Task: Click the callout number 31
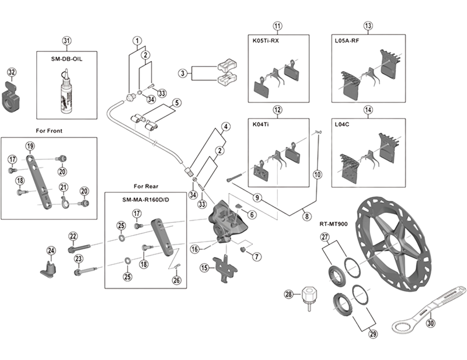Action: pos(67,40)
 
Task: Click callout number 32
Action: pos(12,72)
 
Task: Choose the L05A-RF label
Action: pos(348,41)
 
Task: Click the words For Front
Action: pos(49,131)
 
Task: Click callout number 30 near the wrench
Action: pos(430,321)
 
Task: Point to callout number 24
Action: pos(51,251)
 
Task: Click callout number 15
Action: pos(204,268)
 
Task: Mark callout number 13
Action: pos(368,26)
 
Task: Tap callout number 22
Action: pos(72,236)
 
